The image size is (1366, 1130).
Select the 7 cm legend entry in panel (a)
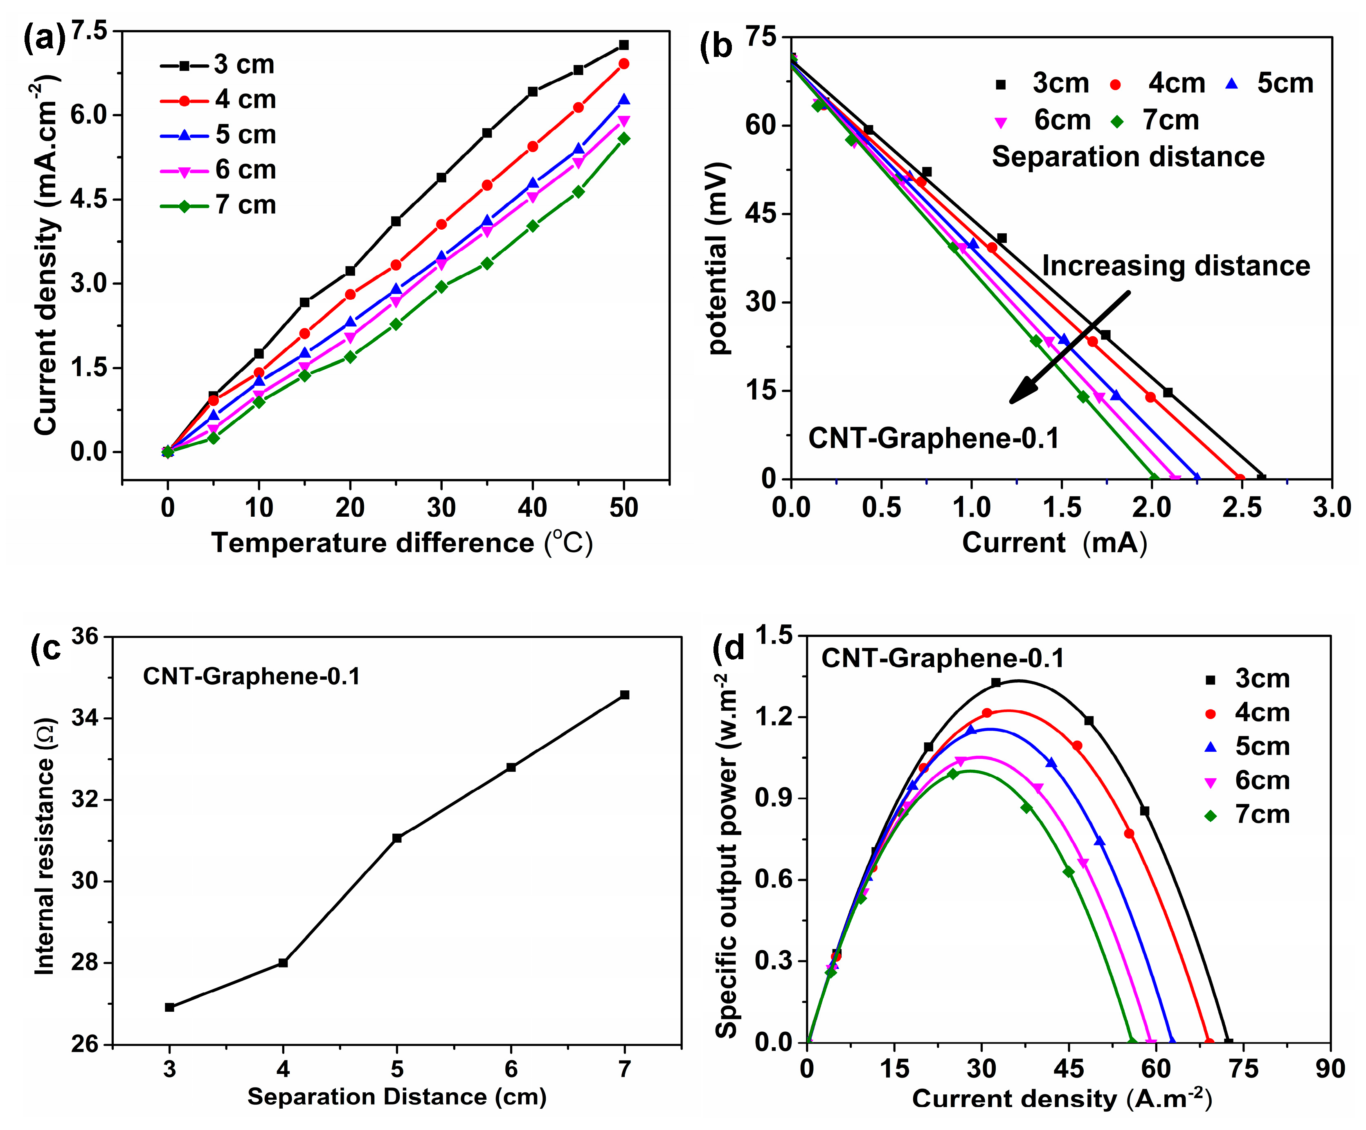coord(218,206)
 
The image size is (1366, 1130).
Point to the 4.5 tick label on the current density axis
coord(89,199)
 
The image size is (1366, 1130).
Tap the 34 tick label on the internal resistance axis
coord(85,719)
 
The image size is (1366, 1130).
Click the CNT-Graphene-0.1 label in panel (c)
coord(251,677)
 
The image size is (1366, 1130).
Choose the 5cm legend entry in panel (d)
coord(1248,747)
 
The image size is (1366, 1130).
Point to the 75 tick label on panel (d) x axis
coord(1242,1069)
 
